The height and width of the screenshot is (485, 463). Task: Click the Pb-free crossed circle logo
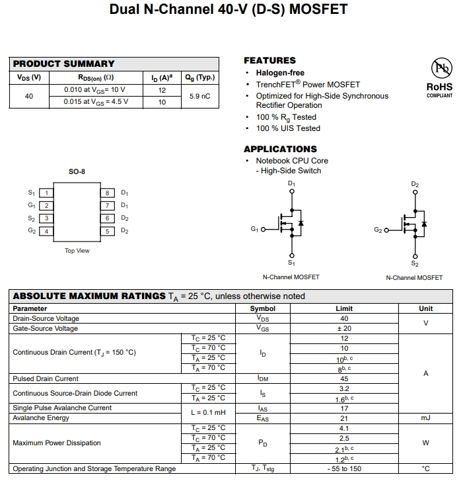(x=439, y=69)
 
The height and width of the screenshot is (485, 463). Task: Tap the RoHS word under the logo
(x=439, y=87)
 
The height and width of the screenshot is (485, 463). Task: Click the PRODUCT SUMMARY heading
(x=63, y=64)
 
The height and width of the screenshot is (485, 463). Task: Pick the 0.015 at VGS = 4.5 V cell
(x=96, y=102)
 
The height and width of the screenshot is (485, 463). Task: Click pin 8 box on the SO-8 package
(x=108, y=193)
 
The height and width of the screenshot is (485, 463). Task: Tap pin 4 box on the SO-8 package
(x=46, y=231)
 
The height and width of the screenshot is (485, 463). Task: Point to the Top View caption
(x=77, y=251)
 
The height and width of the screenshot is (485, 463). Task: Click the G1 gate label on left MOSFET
(x=255, y=230)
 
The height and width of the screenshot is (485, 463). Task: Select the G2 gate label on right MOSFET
(x=378, y=230)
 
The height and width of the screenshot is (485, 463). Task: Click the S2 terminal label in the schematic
(x=415, y=263)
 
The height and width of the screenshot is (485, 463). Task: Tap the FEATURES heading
(x=269, y=60)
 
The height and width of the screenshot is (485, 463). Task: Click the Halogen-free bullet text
(x=280, y=73)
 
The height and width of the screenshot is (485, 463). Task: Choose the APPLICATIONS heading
(x=280, y=149)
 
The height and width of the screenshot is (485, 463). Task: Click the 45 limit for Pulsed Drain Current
(x=344, y=379)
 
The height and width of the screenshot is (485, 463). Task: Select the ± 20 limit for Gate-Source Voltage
(x=344, y=328)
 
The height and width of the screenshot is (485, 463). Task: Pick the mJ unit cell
(x=425, y=418)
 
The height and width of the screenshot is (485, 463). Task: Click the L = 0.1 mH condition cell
(x=208, y=413)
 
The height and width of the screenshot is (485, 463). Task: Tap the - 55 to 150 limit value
(x=344, y=469)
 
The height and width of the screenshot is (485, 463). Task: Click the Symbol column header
(x=263, y=308)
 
